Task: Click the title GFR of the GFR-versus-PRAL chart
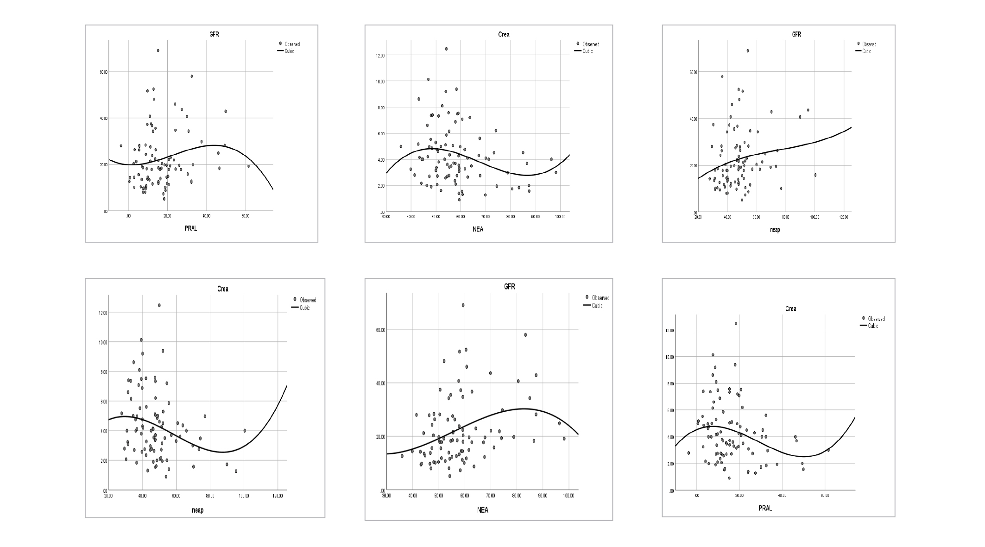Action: (x=214, y=34)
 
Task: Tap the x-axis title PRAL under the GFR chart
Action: (x=191, y=228)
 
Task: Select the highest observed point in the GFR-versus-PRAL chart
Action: (x=158, y=50)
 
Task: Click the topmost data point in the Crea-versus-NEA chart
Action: (x=446, y=49)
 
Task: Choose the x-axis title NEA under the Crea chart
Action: (x=478, y=229)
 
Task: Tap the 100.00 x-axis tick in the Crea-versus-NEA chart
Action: (x=560, y=216)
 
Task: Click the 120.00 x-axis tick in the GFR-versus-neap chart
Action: (x=844, y=217)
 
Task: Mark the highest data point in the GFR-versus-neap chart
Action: (x=747, y=51)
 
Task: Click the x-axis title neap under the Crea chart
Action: (x=198, y=510)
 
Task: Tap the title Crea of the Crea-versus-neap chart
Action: (x=223, y=289)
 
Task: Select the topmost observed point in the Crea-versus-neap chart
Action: (x=159, y=305)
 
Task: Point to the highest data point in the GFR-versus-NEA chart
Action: (x=463, y=305)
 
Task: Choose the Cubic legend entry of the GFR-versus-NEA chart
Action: (x=597, y=306)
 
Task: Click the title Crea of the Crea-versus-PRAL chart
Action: (x=791, y=309)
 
